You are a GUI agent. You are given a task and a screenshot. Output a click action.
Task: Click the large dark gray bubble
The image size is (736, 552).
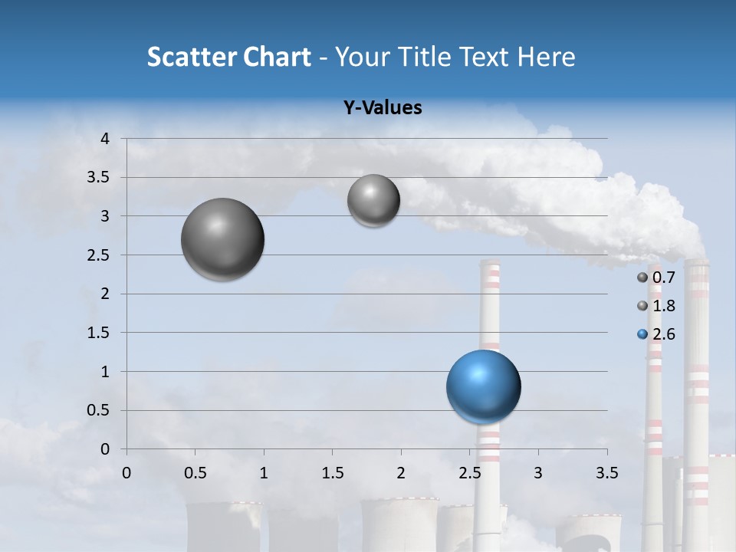222,239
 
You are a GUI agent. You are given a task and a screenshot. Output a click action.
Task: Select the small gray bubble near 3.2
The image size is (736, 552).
373,200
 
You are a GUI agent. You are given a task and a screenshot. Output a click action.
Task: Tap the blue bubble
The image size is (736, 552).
483,386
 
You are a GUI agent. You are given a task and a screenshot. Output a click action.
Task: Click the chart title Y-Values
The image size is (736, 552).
383,108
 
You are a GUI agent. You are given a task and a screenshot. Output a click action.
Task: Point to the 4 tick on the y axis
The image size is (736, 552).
106,139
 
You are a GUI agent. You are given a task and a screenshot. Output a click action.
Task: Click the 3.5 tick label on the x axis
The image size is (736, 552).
606,473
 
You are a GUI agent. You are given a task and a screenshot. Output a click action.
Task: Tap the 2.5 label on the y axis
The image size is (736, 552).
100,255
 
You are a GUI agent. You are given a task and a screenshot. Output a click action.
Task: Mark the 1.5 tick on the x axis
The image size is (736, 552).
332,473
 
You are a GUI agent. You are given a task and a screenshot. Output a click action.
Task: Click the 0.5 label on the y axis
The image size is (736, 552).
100,411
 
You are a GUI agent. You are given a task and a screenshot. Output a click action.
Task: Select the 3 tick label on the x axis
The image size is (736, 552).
537,473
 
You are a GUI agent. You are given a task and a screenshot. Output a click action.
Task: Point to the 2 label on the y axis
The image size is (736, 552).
106,294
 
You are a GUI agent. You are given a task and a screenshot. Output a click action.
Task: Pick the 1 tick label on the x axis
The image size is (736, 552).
264,473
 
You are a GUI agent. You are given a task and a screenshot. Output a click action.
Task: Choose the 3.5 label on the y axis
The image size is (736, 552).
100,178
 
